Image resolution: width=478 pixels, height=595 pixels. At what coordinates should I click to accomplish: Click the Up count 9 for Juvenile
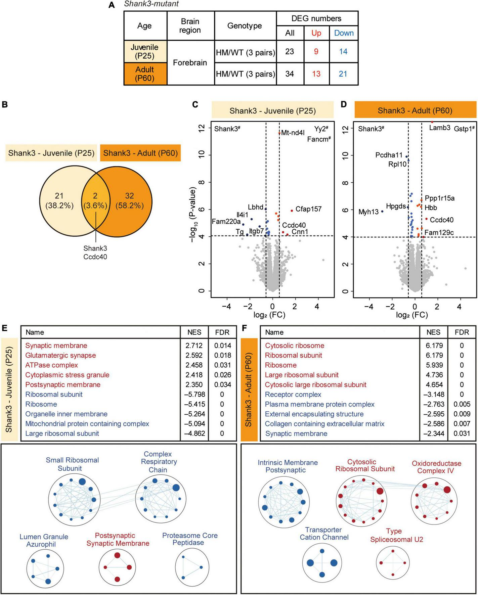[316, 52]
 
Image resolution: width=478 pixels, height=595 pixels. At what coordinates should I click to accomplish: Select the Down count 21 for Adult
[343, 74]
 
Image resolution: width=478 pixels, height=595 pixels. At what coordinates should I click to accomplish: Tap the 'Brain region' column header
[190, 26]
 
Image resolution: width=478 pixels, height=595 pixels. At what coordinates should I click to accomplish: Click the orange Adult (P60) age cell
[145, 74]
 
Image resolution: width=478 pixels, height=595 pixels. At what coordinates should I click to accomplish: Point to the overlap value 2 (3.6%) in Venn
[95, 201]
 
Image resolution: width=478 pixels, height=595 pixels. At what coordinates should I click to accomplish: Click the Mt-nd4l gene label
[293, 133]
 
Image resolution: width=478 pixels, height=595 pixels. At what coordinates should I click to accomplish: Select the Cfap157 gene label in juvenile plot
[308, 209]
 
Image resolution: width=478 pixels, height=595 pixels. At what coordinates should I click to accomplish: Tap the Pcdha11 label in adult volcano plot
[389, 155]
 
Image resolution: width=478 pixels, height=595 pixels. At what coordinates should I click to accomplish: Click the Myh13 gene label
[368, 212]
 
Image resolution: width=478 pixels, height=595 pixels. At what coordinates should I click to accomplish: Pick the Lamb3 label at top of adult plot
[440, 128]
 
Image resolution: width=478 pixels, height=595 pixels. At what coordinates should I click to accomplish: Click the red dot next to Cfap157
[292, 211]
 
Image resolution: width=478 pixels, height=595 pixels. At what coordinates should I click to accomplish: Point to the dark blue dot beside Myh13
[382, 212]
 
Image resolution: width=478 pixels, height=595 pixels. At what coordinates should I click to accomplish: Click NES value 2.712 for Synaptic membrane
[194, 346]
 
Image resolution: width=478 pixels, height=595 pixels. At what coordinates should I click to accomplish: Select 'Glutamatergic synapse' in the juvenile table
[60, 355]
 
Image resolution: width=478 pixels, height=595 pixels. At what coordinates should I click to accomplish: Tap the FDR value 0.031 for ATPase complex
[222, 365]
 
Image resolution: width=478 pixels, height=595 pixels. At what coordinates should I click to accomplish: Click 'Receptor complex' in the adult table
[293, 395]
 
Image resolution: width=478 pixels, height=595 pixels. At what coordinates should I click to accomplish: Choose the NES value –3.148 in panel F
[433, 395]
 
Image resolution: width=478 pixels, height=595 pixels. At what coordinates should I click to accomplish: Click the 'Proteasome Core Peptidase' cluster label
[190, 539]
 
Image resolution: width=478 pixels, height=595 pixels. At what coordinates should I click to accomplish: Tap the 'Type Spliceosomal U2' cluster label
[394, 536]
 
